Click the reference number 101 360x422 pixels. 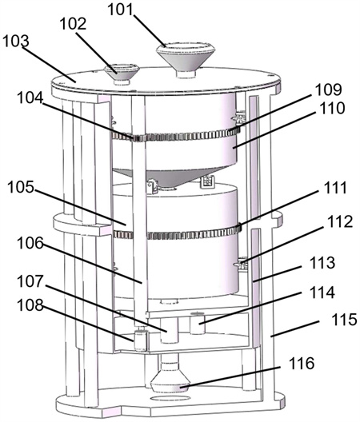click(x=121, y=10)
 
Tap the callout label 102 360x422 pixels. click(x=73, y=24)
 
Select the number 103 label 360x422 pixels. click(x=16, y=42)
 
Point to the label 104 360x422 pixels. click(x=30, y=98)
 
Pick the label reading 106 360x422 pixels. click(x=30, y=243)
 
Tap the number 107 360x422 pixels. click(x=30, y=281)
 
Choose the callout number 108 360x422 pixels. click(x=30, y=305)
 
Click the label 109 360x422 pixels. click(x=329, y=90)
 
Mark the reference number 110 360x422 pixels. click(x=332, y=108)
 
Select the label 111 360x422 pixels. click(x=333, y=188)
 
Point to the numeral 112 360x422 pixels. click(x=340, y=221)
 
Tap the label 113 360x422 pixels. click(x=322, y=262)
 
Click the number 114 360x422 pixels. click(x=322, y=293)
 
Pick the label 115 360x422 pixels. click(x=344, y=320)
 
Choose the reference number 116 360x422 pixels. click(x=302, y=364)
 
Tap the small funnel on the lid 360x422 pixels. click(x=122, y=74)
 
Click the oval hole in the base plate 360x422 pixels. click(x=170, y=398)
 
